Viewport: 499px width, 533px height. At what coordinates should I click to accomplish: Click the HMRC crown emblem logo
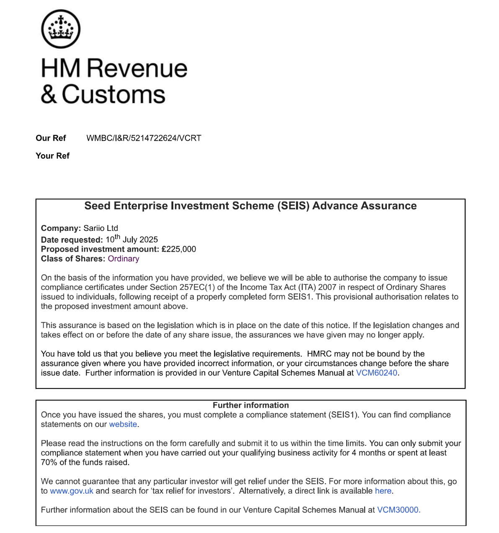pyautogui.click(x=61, y=29)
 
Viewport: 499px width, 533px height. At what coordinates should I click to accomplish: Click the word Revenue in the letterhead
pyautogui.click(x=137, y=68)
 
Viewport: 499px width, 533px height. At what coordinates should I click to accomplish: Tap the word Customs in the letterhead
pyautogui.click(x=113, y=94)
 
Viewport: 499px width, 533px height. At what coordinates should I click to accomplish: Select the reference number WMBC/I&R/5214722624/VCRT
pyautogui.click(x=144, y=138)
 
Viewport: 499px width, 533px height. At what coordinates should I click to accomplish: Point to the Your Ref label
pyautogui.click(x=52, y=156)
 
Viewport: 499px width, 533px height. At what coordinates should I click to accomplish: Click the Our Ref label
pyautogui.click(x=51, y=138)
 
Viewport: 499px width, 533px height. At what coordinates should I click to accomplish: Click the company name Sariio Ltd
pyautogui.click(x=100, y=228)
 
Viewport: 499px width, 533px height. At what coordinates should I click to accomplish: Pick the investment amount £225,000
pyautogui.click(x=179, y=249)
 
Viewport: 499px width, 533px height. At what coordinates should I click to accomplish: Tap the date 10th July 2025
pyautogui.click(x=131, y=239)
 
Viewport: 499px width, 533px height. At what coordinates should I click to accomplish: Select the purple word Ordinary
pyautogui.click(x=123, y=259)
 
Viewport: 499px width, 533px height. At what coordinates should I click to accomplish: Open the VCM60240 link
pyautogui.click(x=376, y=373)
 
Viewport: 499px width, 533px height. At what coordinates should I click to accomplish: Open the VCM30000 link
pyautogui.click(x=398, y=510)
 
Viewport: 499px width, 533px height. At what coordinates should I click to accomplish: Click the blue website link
pyautogui.click(x=123, y=424)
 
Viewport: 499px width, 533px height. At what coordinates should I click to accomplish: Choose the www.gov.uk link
pyautogui.click(x=72, y=491)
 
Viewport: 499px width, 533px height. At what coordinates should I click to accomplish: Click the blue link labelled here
pyautogui.click(x=383, y=491)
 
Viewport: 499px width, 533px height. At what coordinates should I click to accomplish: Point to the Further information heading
pyautogui.click(x=251, y=405)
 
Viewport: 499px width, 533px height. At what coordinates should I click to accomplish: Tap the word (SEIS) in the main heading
pyautogui.click(x=293, y=206)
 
